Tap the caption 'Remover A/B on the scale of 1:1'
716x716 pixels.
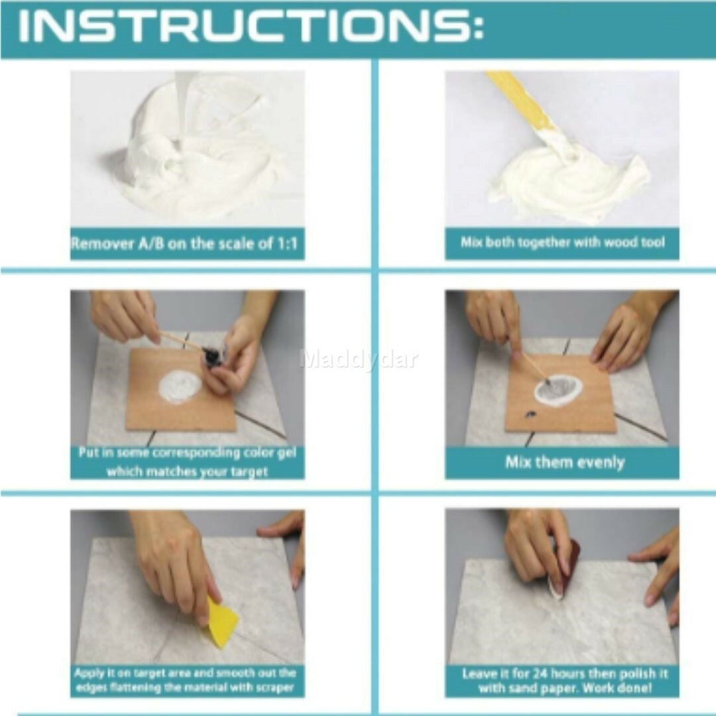point(185,244)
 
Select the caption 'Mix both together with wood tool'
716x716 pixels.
point(562,243)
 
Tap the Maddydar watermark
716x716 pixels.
point(358,359)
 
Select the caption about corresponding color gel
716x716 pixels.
point(187,462)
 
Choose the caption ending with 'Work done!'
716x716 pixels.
point(565,681)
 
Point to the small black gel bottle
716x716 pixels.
point(213,358)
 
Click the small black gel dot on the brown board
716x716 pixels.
point(530,415)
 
